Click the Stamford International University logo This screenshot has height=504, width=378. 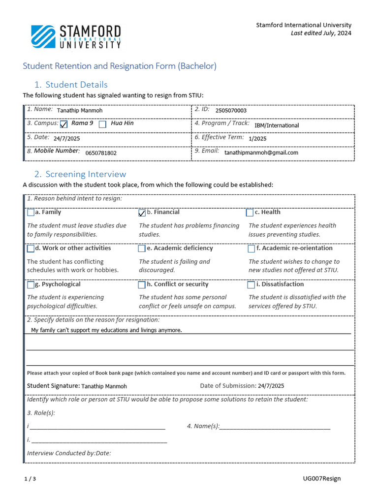click(76, 37)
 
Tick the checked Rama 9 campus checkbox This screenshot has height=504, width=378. click(63, 125)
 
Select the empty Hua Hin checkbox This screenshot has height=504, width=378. click(102, 125)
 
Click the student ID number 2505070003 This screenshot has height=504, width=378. click(231, 111)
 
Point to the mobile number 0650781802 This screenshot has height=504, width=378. click(101, 153)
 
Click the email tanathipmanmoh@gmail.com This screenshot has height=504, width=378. click(261, 153)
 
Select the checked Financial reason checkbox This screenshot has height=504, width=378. click(142, 213)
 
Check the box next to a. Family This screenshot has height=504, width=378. click(31, 213)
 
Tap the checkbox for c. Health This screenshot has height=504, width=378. click(250, 213)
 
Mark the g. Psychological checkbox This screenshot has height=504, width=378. click(31, 285)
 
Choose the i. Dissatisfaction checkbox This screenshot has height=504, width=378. click(251, 285)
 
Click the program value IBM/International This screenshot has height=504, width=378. click(276, 126)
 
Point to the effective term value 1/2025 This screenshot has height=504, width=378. click(257, 139)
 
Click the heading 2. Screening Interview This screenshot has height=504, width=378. click(80, 174)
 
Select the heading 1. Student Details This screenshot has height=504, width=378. click(71, 85)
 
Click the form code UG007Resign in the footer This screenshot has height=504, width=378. click(321, 478)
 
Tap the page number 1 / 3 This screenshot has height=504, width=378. click(30, 479)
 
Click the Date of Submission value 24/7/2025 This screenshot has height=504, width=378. click(271, 386)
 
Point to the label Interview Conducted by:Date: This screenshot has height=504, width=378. click(69, 453)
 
